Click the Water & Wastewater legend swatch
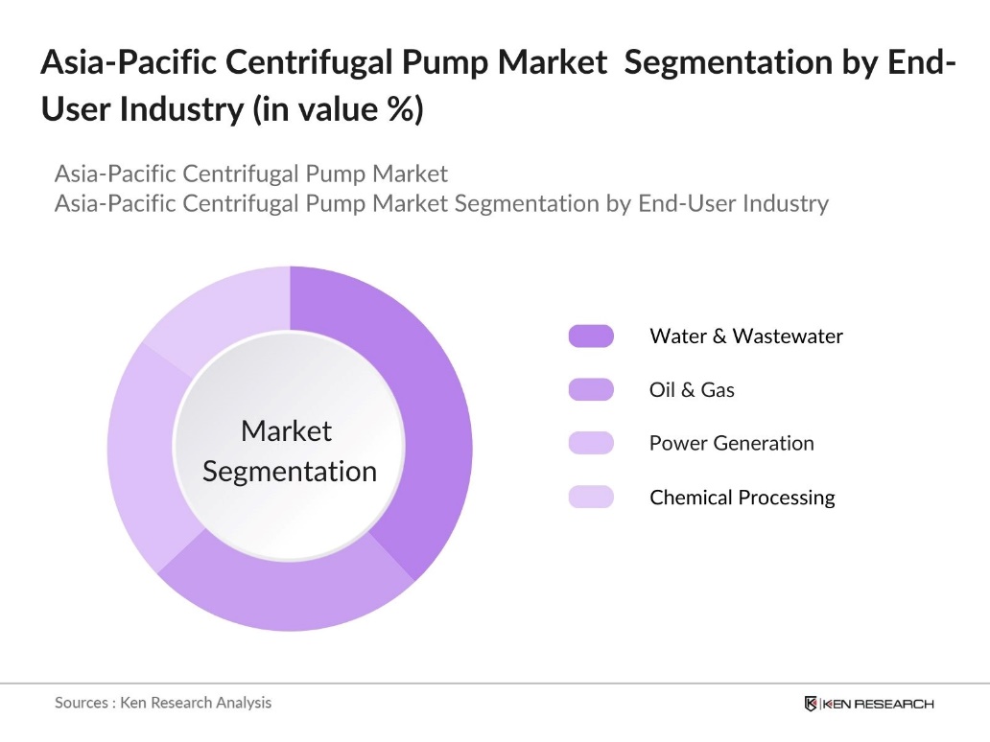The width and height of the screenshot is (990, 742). coord(591,336)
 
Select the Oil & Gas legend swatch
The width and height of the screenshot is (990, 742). coord(591,389)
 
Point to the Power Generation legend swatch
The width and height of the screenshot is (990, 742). coord(591,443)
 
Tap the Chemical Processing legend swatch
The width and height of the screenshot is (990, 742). coord(591,497)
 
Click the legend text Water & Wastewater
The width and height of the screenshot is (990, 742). coord(745,336)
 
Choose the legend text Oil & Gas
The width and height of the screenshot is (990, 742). coord(692,389)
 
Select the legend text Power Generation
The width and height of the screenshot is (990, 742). coord(731,443)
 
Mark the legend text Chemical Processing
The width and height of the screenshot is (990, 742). coord(742,498)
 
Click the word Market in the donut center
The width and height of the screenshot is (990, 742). coord(286,431)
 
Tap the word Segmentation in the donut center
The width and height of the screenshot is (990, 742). coord(290,472)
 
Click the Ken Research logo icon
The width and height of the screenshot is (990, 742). coord(811,704)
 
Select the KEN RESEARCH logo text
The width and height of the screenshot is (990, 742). coord(878,704)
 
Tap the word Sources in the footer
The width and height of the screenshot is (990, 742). coord(82,703)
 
